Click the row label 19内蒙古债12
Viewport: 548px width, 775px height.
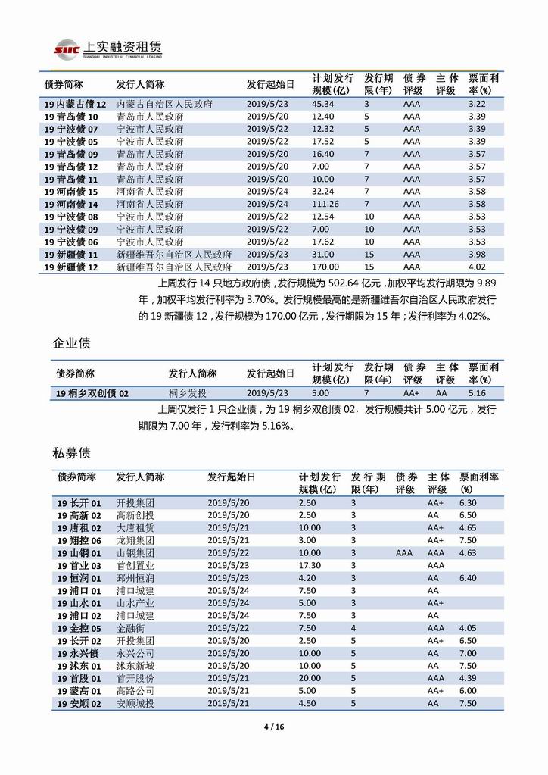coord(75,104)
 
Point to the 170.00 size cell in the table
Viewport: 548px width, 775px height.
coord(325,267)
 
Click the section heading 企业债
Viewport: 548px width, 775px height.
coord(72,343)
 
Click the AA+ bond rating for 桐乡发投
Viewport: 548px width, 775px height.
coord(411,394)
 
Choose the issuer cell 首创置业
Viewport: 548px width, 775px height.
coord(135,565)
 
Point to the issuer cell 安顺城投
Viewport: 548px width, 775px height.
coord(135,703)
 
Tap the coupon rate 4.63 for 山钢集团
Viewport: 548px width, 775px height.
coord(469,553)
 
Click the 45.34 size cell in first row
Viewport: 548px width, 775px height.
coord(323,104)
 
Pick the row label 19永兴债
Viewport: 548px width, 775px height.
coord(77,653)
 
